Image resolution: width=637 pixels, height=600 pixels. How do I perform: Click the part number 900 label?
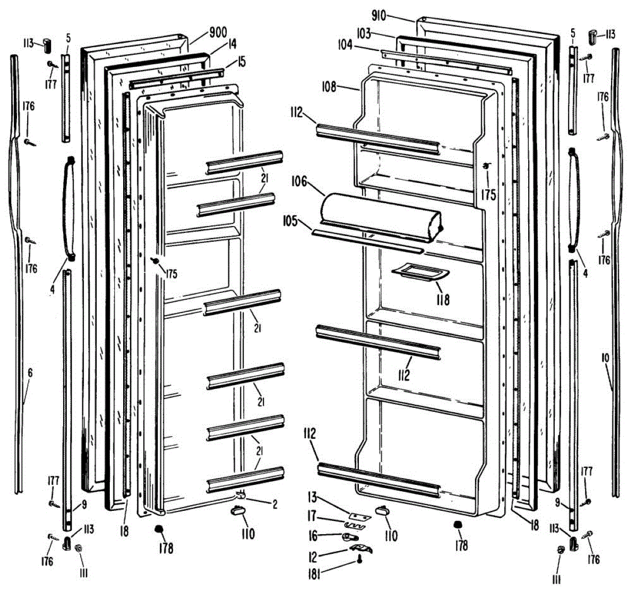[x=218, y=33]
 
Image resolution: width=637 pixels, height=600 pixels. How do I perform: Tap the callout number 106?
[x=299, y=181]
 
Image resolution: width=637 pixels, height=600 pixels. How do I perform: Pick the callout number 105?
[x=290, y=221]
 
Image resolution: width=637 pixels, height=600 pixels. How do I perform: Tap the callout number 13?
[x=312, y=497]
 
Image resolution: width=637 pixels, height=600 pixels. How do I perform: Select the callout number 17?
[x=312, y=516]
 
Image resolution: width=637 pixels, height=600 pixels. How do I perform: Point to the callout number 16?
[x=313, y=536]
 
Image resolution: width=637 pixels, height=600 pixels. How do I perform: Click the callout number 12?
[x=313, y=556]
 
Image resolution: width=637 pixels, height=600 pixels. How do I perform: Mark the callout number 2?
[x=275, y=505]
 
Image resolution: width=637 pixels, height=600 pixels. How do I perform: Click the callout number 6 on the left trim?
[x=30, y=373]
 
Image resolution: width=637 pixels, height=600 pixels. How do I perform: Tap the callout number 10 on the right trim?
[x=605, y=358]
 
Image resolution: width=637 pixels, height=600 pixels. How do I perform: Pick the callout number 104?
[x=346, y=45]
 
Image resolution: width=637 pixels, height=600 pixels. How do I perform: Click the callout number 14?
[x=232, y=45]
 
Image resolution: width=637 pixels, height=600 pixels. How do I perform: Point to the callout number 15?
[x=242, y=62]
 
